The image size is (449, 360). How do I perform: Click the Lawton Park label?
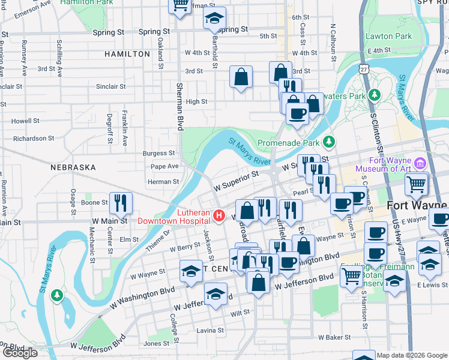(x=388, y=36)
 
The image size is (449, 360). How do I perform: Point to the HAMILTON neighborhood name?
(x=127, y=54)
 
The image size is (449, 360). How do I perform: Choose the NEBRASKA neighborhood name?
(x=73, y=167)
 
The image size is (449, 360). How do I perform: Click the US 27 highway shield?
(x=364, y=70)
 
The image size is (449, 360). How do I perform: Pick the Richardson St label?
(x=34, y=139)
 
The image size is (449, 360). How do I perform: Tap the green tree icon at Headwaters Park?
(x=375, y=95)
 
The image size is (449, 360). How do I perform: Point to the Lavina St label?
(x=209, y=331)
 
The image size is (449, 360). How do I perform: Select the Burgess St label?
(x=158, y=154)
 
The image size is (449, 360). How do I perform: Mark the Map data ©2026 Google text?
(x=412, y=355)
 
